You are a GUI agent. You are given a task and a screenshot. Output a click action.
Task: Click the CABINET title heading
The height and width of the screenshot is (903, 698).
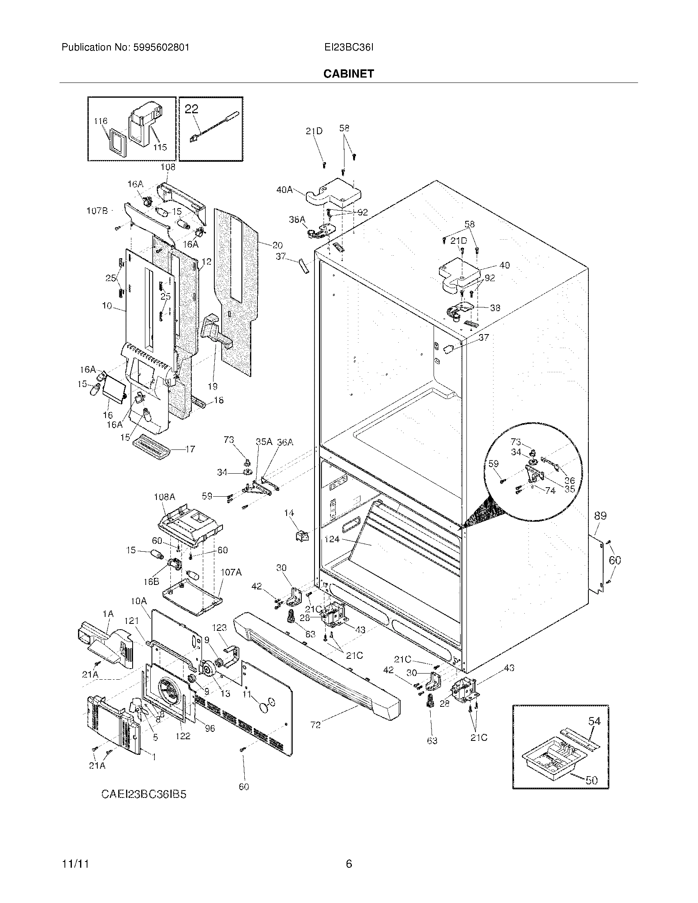[349, 73]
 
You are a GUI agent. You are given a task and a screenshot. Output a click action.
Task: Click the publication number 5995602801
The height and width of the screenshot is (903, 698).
[162, 48]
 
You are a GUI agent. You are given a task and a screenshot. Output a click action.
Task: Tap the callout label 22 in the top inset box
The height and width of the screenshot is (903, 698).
[191, 109]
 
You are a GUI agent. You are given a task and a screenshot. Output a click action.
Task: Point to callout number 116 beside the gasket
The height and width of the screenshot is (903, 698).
[101, 121]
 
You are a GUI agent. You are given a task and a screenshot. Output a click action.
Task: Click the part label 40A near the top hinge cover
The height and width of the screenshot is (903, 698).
[285, 190]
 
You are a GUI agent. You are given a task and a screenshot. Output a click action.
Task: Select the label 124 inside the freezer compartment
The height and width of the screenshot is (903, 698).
[332, 539]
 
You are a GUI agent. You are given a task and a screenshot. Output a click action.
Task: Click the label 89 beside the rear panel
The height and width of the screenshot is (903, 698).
[600, 516]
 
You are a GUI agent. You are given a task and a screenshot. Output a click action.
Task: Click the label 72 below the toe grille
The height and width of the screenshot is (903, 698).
[315, 725]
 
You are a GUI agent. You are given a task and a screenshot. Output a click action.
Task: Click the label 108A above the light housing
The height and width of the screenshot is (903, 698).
[165, 497]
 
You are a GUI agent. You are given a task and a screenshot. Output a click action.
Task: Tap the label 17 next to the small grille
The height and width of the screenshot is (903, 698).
[190, 449]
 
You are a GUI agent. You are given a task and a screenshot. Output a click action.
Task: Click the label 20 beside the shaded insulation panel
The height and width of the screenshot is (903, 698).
[278, 245]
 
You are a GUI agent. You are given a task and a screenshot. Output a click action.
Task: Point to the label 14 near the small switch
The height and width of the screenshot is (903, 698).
[289, 513]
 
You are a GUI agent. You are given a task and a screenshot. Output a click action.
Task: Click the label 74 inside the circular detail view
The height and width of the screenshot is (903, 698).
[550, 491]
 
